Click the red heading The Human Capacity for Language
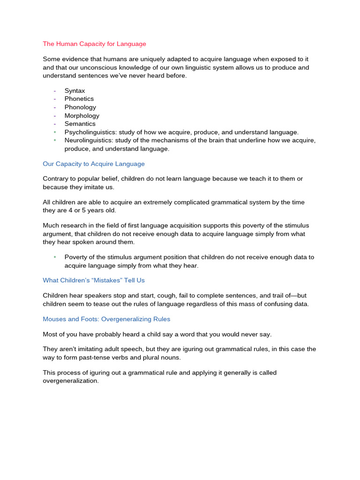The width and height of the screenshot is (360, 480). pos(94,44)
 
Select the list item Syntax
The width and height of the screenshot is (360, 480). pos(75,90)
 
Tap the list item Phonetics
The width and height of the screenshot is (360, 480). pos(79,99)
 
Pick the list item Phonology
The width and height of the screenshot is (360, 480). pos(80,107)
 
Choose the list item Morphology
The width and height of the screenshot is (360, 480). pos(82,116)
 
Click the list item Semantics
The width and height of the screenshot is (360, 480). pos(80,124)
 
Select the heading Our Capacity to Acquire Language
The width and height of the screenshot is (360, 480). pos(94,164)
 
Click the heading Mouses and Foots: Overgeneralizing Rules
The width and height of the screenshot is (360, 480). pos(106,319)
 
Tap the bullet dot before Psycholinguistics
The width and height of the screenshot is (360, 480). pos(55,132)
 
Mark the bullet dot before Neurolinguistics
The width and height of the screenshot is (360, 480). pos(55,141)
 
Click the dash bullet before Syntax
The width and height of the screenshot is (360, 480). pos(55,90)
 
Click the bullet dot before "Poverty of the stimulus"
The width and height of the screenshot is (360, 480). pos(55,257)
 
